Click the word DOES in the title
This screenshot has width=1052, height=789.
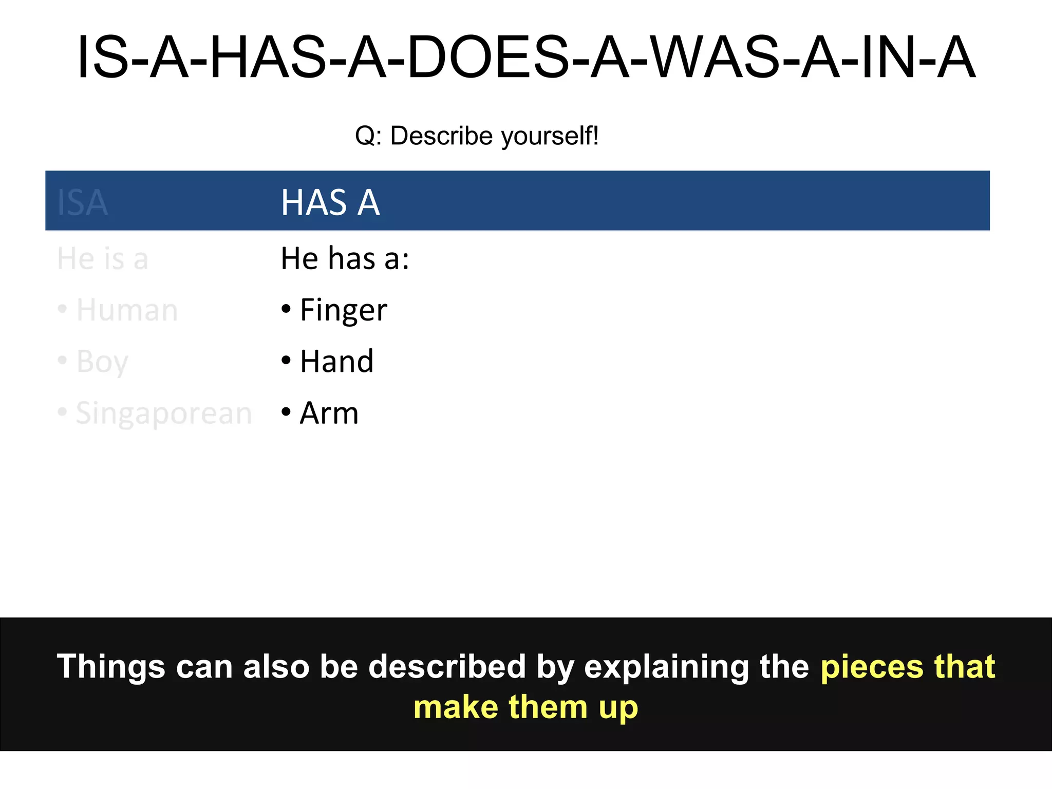point(488,58)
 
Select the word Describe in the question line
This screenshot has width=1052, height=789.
point(442,136)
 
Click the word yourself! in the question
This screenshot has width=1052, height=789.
point(550,136)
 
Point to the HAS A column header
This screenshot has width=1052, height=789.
point(330,202)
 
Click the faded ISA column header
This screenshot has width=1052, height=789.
point(82,202)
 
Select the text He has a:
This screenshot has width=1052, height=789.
point(345,258)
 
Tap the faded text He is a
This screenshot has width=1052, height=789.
point(103,258)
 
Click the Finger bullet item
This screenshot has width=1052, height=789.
point(343,310)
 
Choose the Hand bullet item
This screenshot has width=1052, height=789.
point(336,361)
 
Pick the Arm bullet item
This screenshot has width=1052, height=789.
point(329,413)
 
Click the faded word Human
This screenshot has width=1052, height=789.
point(127,310)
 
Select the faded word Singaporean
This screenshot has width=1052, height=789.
point(163,414)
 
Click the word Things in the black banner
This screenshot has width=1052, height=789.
point(110,667)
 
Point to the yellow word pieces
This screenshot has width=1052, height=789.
point(872,667)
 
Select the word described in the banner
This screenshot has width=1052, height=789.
point(447,667)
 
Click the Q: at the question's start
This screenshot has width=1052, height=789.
point(368,137)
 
